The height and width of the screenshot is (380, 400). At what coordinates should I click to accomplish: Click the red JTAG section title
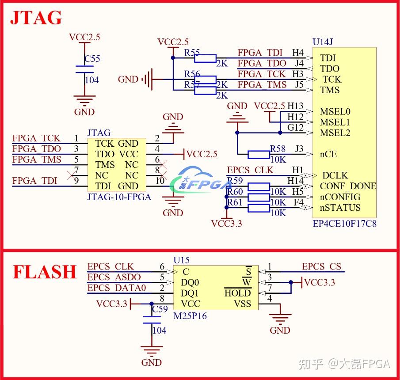[36, 18]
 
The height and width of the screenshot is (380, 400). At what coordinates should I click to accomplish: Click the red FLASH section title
[45, 272]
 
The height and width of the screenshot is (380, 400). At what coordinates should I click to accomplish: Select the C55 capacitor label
[92, 59]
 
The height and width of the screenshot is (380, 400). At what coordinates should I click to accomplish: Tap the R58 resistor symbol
[259, 155]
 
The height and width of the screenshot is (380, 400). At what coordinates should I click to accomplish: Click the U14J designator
[323, 42]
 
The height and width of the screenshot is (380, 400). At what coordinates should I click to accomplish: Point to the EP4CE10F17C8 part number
[345, 224]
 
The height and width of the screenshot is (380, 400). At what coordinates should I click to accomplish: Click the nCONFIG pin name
[340, 197]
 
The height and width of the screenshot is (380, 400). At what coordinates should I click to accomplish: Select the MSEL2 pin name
[335, 133]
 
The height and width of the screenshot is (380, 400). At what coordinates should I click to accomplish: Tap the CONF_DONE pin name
[348, 186]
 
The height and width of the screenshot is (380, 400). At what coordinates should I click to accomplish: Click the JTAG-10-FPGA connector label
[119, 197]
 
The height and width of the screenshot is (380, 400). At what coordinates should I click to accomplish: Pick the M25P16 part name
[190, 316]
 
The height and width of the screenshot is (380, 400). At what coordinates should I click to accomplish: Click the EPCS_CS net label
[321, 267]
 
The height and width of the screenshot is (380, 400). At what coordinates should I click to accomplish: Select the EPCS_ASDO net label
[114, 277]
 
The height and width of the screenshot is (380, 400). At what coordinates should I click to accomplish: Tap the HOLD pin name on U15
[238, 293]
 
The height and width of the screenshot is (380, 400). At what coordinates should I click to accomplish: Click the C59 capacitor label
[160, 309]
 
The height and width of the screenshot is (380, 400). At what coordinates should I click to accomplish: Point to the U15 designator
[181, 260]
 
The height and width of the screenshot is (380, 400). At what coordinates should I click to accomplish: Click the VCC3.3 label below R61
[227, 224]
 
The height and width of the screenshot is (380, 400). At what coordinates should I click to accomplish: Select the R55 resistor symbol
[205, 58]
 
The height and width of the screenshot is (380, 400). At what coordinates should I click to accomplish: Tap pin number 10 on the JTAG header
[160, 181]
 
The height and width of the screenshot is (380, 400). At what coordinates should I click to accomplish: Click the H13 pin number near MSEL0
[295, 106]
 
